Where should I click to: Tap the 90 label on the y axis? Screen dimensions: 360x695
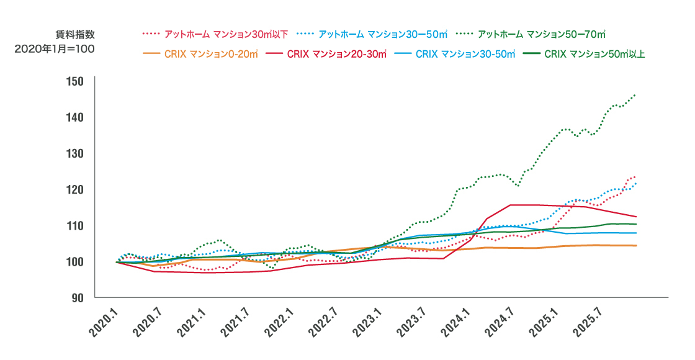[78, 297]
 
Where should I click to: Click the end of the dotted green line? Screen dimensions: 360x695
[635, 95]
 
